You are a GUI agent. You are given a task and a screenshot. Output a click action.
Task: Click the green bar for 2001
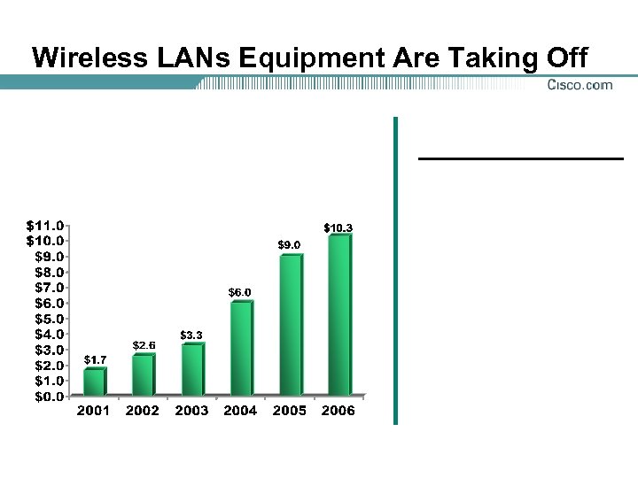[94, 382]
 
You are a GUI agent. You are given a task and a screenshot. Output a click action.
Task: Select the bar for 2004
[241, 349]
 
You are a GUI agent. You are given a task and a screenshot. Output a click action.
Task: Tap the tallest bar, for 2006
[338, 315]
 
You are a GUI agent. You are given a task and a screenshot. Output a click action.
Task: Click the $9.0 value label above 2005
[289, 244]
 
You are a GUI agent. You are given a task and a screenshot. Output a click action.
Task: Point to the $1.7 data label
[95, 359]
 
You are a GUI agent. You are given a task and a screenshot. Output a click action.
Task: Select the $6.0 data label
[240, 292]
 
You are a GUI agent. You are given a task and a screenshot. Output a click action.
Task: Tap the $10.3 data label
[338, 228]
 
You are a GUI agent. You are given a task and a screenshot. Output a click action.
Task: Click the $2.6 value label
[144, 344]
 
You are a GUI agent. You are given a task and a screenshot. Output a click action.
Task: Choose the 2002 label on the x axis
[143, 411]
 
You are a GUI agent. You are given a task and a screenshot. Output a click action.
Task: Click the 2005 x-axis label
[289, 411]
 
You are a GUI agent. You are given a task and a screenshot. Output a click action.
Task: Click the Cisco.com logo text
[580, 85]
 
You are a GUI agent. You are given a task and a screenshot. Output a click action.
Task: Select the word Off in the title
[565, 58]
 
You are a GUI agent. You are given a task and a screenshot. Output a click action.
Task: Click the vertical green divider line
[395, 270]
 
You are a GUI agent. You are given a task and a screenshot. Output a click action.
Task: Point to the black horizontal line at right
[521, 158]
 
